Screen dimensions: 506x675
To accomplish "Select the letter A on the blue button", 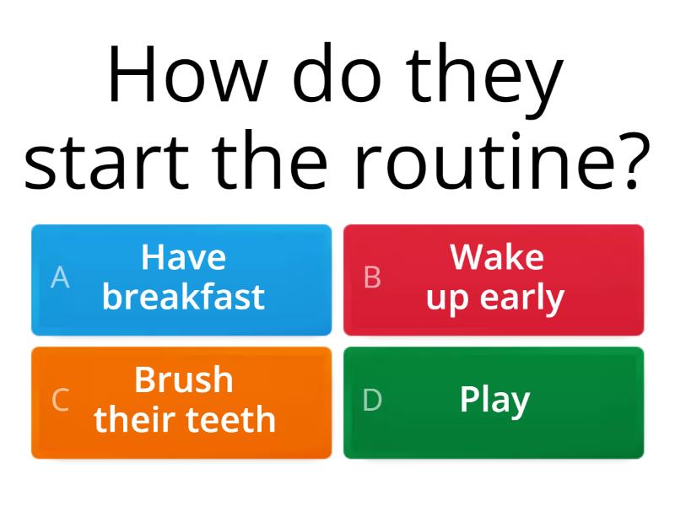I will (x=60, y=277).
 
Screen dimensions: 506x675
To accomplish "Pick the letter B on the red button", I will (x=372, y=277).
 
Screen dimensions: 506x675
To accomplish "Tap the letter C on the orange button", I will (x=60, y=400).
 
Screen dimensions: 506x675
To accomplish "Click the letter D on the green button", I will (x=372, y=400).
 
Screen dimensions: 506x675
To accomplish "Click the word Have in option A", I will (x=183, y=257).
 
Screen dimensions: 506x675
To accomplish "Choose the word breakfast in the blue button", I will (x=183, y=297).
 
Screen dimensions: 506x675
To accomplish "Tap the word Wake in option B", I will (x=496, y=257).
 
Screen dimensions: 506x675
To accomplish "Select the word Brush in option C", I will (x=183, y=380).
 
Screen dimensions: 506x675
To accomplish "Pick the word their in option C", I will (x=135, y=419).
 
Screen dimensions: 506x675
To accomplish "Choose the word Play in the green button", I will (x=494, y=401).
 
